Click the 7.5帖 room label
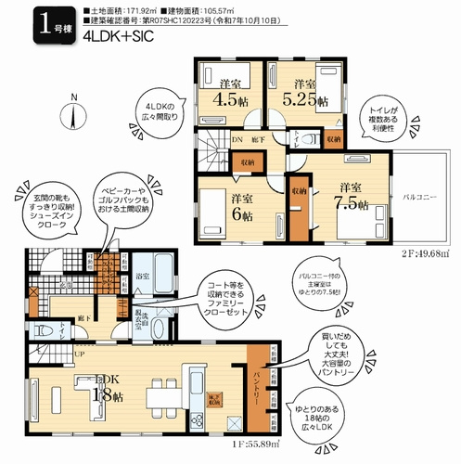coord(350,196)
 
